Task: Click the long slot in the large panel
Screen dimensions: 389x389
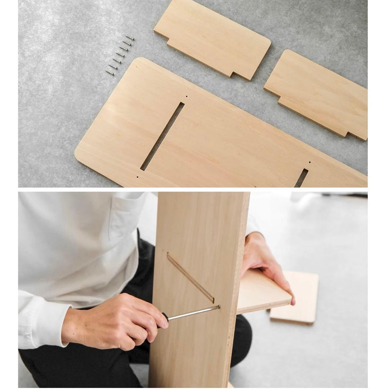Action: (162, 136)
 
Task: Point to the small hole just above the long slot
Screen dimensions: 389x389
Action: (187, 97)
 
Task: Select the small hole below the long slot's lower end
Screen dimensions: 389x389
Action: (138, 177)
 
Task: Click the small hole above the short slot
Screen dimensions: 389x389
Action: (309, 162)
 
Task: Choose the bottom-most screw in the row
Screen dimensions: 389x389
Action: (110, 73)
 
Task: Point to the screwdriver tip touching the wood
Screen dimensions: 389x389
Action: (218, 307)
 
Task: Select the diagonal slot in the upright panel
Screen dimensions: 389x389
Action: (190, 277)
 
